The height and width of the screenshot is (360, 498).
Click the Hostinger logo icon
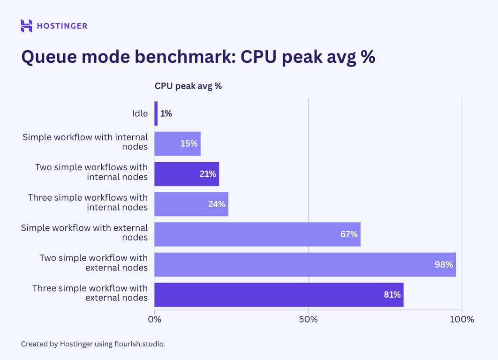click(27, 26)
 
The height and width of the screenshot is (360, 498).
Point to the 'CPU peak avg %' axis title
click(188, 86)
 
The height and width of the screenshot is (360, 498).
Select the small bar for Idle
click(156, 113)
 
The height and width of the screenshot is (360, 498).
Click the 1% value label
click(166, 113)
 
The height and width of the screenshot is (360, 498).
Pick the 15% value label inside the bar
click(189, 143)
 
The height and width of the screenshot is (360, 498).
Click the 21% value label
click(207, 174)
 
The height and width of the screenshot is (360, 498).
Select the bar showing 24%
click(191, 204)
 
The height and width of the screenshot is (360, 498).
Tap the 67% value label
click(349, 234)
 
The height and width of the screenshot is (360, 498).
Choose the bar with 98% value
click(305, 264)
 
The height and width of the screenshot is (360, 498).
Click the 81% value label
click(392, 294)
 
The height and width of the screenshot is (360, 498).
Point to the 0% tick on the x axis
click(154, 320)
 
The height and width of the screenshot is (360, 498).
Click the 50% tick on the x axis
click(308, 320)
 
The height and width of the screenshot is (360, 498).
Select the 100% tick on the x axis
click(462, 320)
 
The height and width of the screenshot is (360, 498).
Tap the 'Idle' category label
click(140, 113)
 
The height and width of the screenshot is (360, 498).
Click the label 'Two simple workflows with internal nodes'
click(91, 172)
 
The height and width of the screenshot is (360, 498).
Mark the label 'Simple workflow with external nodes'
click(84, 232)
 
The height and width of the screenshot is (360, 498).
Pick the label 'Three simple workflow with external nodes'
click(90, 292)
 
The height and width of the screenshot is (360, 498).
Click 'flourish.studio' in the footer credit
click(139, 344)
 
